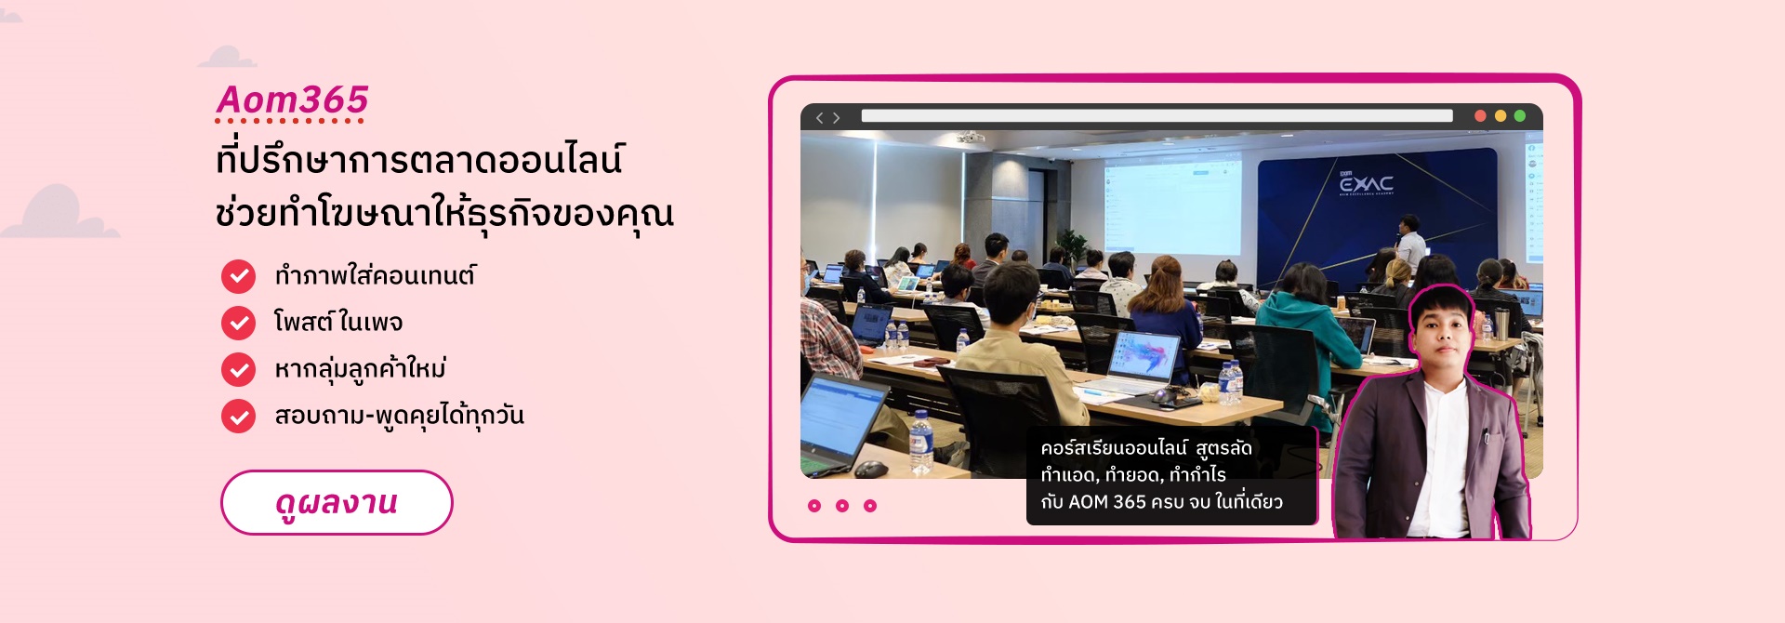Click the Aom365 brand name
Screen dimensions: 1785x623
pyautogui.click(x=292, y=99)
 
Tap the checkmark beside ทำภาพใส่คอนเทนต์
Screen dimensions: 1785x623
pyautogui.click(x=238, y=276)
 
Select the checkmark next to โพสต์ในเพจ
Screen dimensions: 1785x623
pyautogui.click(x=238, y=323)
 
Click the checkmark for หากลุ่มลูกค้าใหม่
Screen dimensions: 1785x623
pyautogui.click(x=238, y=369)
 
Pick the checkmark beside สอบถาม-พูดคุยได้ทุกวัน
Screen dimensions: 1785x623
pyautogui.click(x=238, y=416)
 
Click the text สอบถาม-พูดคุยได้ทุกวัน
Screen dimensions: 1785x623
pyautogui.click(x=399, y=415)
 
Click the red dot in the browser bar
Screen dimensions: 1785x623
pyautogui.click(x=1480, y=116)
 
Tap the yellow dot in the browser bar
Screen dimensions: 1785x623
pyautogui.click(x=1500, y=116)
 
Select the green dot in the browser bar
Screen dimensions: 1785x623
pyautogui.click(x=1519, y=116)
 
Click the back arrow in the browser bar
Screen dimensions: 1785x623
pyautogui.click(x=819, y=117)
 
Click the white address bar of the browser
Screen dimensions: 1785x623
pyautogui.click(x=1157, y=116)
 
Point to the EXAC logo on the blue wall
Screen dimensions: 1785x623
pyautogui.click(x=1366, y=183)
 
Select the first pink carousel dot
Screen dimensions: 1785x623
pyautogui.click(x=814, y=506)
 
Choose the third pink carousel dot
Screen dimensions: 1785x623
pyautogui.click(x=870, y=506)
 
